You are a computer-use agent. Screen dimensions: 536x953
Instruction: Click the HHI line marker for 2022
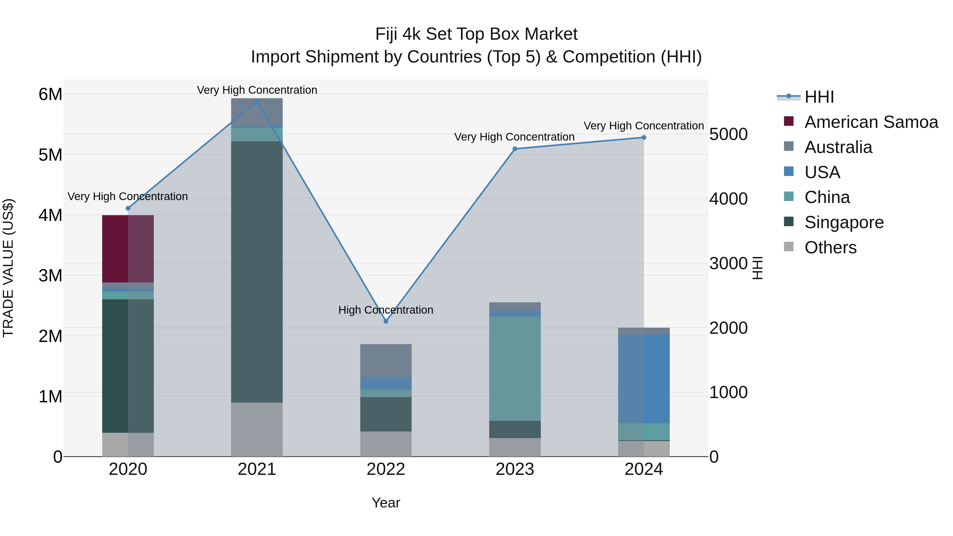(386, 321)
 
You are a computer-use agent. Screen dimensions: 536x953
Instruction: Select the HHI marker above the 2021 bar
(257, 101)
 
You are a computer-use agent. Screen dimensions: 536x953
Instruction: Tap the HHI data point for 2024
(644, 137)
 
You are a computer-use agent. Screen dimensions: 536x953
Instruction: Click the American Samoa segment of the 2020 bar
(128, 249)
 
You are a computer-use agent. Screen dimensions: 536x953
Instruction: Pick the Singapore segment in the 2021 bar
(257, 272)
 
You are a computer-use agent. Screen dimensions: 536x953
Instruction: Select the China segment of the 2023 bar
(515, 368)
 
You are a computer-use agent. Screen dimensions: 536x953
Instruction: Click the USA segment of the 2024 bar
(644, 379)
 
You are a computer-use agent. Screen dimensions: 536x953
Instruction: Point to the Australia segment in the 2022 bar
(386, 361)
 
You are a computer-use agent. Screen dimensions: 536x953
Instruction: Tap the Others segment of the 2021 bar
(257, 429)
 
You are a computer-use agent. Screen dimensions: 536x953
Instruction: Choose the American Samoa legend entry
(871, 122)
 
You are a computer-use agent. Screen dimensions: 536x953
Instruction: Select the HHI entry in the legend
(819, 97)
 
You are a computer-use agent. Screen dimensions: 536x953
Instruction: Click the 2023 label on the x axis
(515, 469)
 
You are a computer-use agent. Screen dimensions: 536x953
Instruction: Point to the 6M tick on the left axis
(50, 94)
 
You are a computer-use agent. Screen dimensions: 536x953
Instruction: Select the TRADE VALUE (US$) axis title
(8, 268)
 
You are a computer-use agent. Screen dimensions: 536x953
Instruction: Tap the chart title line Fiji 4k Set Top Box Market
(476, 34)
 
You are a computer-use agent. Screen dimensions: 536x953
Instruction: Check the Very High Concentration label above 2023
(514, 137)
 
